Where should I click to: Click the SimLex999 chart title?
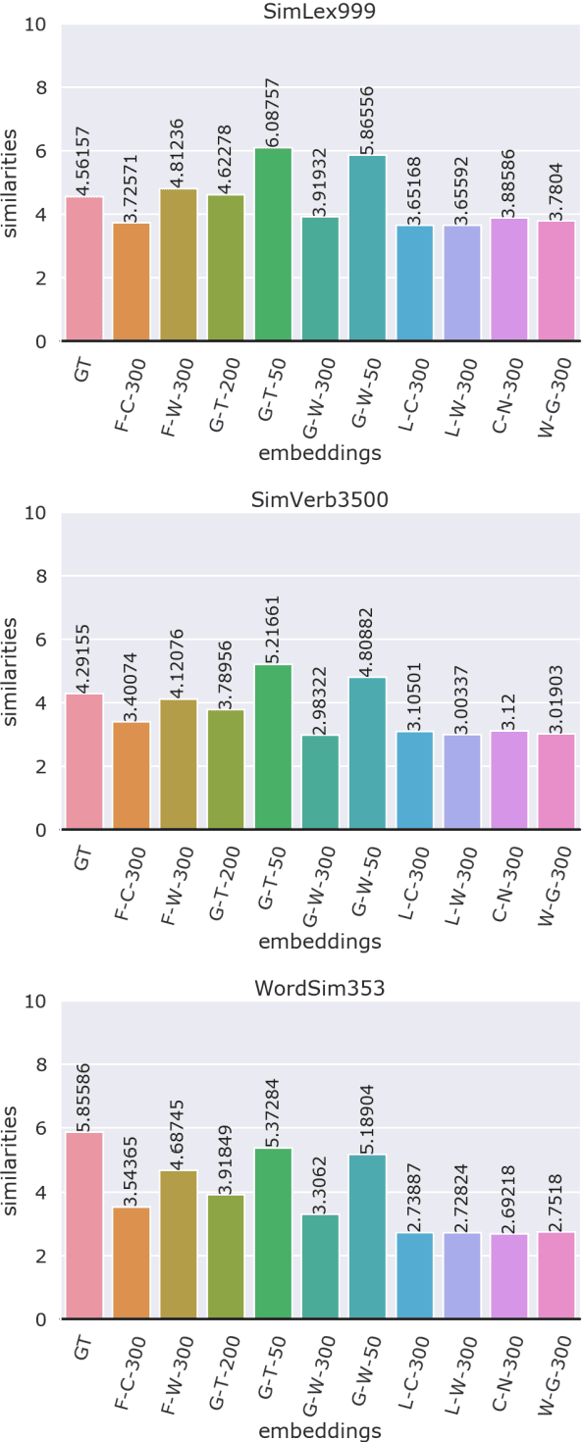tap(320, 11)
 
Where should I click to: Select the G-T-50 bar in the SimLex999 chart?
tap(273, 245)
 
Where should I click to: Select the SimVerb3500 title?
tap(320, 499)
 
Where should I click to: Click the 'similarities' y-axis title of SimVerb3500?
tap(12, 671)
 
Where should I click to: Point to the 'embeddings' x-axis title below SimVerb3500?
tap(320, 943)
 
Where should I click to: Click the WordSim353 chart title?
tap(320, 988)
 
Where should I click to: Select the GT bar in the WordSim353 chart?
tap(84, 1226)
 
